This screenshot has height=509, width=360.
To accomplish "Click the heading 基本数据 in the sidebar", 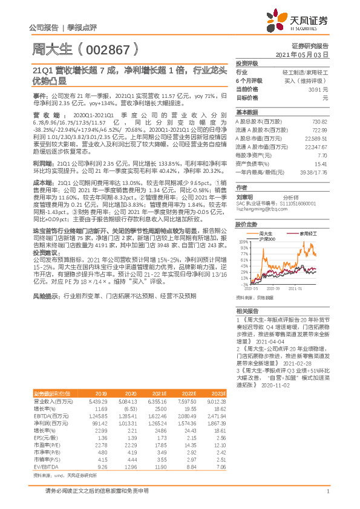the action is click(246, 112).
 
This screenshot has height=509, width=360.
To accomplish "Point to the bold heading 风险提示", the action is click(47, 297).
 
